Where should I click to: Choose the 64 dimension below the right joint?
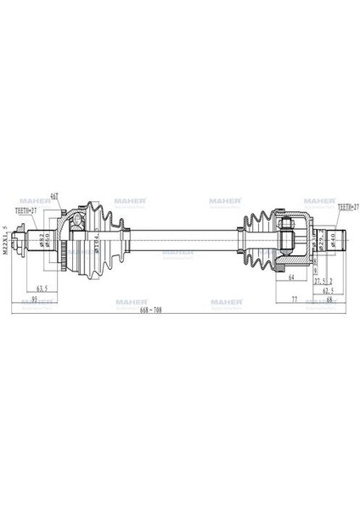pos(291,276)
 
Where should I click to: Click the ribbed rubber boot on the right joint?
pos(255,241)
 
